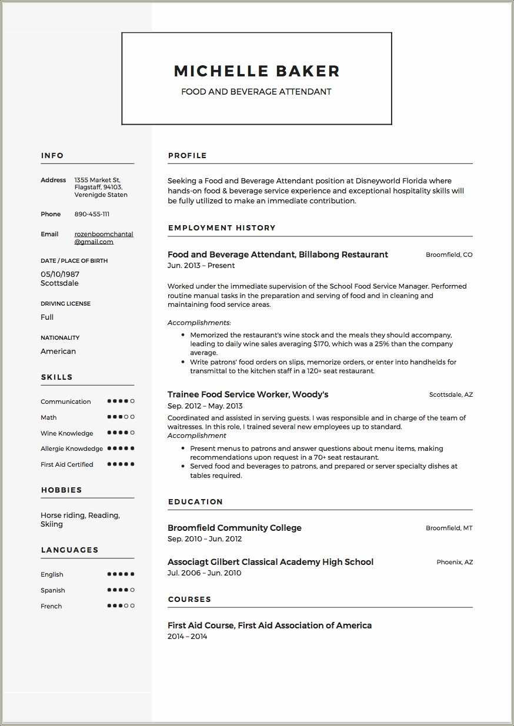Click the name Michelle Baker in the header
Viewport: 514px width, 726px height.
point(256,71)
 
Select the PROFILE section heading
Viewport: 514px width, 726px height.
point(187,156)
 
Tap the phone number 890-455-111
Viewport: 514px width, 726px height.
point(92,215)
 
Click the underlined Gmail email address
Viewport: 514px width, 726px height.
point(104,237)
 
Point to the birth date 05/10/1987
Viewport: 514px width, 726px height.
point(60,274)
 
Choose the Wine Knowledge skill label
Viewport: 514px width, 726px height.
point(66,433)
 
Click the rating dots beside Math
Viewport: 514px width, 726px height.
point(121,417)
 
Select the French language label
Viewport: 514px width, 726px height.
point(51,606)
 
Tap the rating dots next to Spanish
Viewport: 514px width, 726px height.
point(121,590)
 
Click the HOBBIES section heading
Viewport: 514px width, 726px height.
point(61,490)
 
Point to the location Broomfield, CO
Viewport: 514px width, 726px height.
point(449,255)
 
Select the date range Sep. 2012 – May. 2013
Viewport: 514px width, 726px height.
point(205,406)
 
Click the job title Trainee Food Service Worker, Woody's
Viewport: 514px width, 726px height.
point(248,394)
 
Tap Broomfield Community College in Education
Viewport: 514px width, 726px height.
point(234,528)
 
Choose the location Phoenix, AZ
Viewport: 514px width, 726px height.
point(454,563)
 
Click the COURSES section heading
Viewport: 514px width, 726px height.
point(189,600)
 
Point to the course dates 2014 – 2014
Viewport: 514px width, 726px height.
point(187,637)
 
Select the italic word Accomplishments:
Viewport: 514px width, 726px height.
point(199,323)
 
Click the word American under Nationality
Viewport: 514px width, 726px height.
point(58,352)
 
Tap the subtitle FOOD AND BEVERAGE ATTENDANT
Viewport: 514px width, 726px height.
point(256,92)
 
